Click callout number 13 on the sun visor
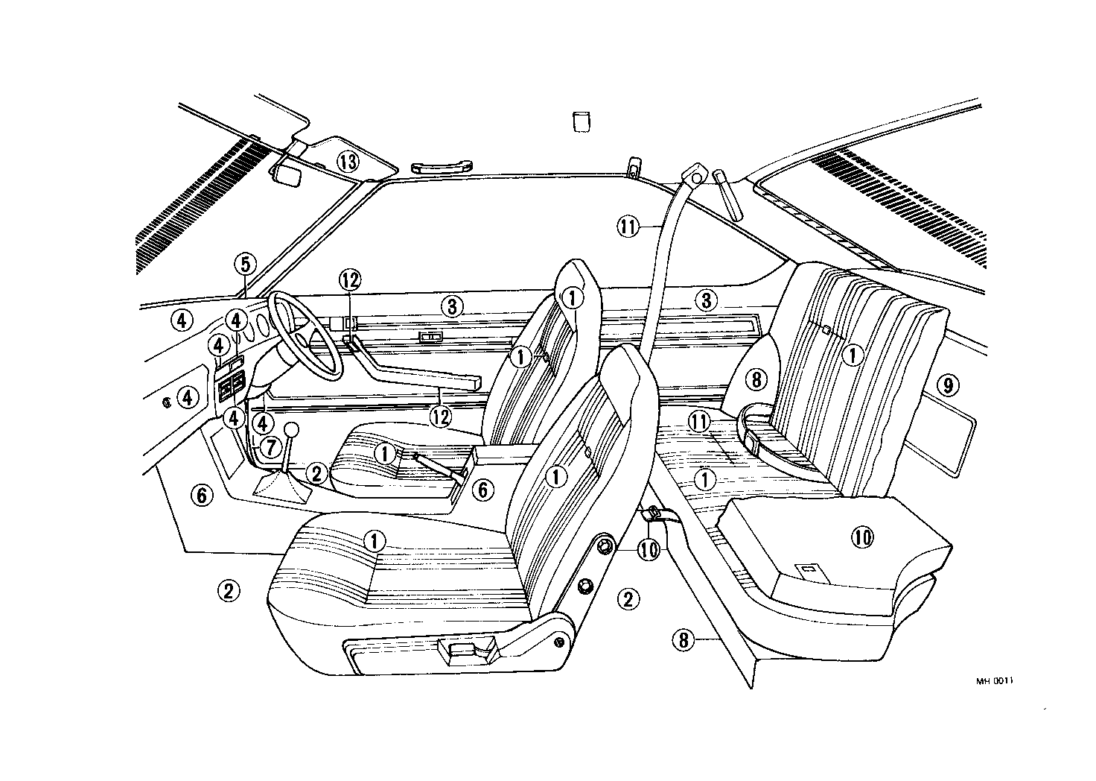click(347, 160)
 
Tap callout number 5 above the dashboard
click(244, 264)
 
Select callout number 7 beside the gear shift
click(269, 447)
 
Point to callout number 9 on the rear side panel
click(947, 385)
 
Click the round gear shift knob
click(291, 431)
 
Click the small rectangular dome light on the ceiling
click(581, 121)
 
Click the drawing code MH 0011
click(996, 681)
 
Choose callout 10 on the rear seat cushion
click(862, 537)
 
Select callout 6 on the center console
click(482, 490)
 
